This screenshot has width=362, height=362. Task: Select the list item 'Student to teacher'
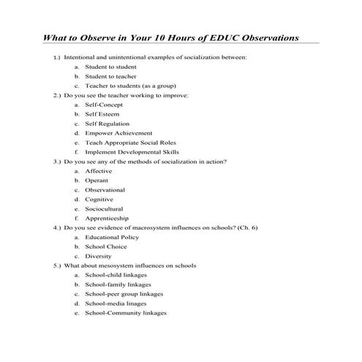[110, 76]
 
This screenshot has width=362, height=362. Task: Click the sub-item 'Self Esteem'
[102, 114]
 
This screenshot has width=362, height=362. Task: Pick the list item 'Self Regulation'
[108, 124]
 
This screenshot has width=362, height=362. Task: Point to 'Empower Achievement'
[118, 133]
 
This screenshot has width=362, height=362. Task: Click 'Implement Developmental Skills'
[132, 152]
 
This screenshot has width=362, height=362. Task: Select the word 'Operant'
[97, 181]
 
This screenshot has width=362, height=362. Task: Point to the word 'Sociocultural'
[104, 208]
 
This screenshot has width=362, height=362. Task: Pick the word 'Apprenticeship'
[107, 218]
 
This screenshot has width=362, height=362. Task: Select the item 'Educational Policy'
[111, 237]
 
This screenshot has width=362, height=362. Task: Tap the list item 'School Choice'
[105, 246]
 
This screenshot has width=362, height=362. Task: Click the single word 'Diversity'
[98, 256]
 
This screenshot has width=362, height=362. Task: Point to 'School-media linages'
[116, 303]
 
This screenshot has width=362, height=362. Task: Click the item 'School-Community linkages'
[125, 313]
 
